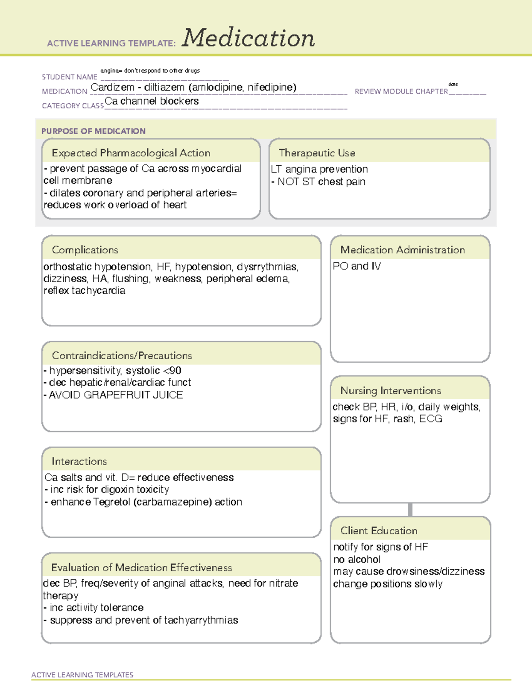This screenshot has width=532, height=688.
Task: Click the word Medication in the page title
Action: pos(248,38)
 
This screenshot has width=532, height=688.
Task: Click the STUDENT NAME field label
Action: pos(70,77)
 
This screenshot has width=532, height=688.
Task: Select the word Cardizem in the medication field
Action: pos(113,87)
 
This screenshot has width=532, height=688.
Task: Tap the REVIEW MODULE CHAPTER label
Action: pos(401,91)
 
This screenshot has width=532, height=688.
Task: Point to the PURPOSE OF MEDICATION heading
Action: pos(94,131)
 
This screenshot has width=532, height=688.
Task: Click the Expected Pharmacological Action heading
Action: pos(131,153)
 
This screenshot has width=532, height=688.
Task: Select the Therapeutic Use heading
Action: pos(317,153)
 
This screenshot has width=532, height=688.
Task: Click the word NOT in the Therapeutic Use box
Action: pos(288,182)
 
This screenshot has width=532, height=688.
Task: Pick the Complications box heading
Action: pos(85,250)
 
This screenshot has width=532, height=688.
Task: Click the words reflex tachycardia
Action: pos(84,291)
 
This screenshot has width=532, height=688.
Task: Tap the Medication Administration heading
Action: pos(403,250)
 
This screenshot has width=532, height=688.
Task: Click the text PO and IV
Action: pos(357,266)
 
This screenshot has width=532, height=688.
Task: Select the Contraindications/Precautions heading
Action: pos(122,355)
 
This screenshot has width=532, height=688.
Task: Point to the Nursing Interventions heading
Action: pos(391,390)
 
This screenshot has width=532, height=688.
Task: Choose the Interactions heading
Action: pos(79,461)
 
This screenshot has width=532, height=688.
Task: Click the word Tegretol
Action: pos(112,502)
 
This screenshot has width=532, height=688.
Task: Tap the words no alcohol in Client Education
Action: pos(357,560)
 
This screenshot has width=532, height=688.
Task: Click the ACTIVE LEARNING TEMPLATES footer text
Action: pos(82,675)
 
